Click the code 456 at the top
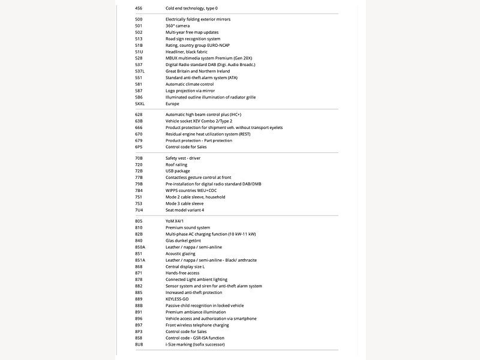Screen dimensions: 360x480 click(x=139, y=8)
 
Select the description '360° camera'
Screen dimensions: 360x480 click(x=178, y=26)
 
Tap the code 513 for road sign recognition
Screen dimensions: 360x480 click(x=139, y=39)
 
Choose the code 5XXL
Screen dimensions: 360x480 click(x=140, y=104)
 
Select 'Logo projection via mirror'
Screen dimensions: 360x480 click(x=190, y=91)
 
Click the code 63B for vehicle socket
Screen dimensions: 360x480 click(x=139, y=121)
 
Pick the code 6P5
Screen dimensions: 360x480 click(x=139, y=147)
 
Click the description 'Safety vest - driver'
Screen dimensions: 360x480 click(x=183, y=158)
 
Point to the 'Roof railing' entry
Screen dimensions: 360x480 click(x=176, y=164)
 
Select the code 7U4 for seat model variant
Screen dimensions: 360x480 click(x=139, y=210)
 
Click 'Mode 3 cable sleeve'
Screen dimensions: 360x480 click(x=184, y=203)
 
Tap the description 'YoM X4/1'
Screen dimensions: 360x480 click(x=175, y=221)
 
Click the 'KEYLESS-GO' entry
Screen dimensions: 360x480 click(x=177, y=299)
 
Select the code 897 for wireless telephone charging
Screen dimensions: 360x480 click(x=139, y=325)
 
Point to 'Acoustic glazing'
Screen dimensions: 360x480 click(x=182, y=253)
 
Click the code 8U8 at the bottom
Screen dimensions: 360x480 click(x=139, y=344)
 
